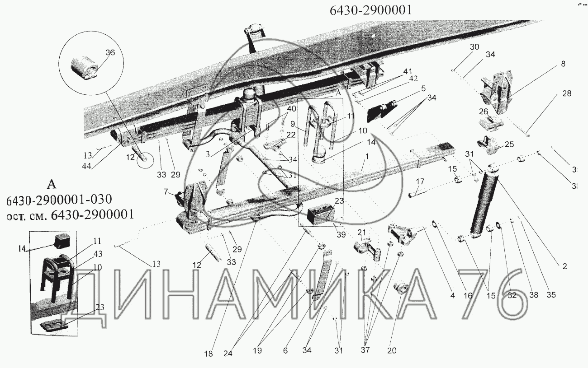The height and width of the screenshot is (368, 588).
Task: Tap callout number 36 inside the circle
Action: pos(110,53)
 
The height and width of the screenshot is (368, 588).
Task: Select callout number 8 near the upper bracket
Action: pos(563,64)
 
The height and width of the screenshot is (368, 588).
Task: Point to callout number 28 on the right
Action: pos(566,94)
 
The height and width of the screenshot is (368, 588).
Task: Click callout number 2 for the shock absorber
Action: pos(564,266)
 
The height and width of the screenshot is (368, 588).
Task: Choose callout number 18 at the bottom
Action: pos(208,354)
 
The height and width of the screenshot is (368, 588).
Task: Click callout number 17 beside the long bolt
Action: pos(420,182)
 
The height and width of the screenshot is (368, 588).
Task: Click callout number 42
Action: pos(413,78)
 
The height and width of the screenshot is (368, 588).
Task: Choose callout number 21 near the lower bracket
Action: pos(361,232)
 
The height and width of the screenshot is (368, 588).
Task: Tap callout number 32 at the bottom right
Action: pos(512,296)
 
